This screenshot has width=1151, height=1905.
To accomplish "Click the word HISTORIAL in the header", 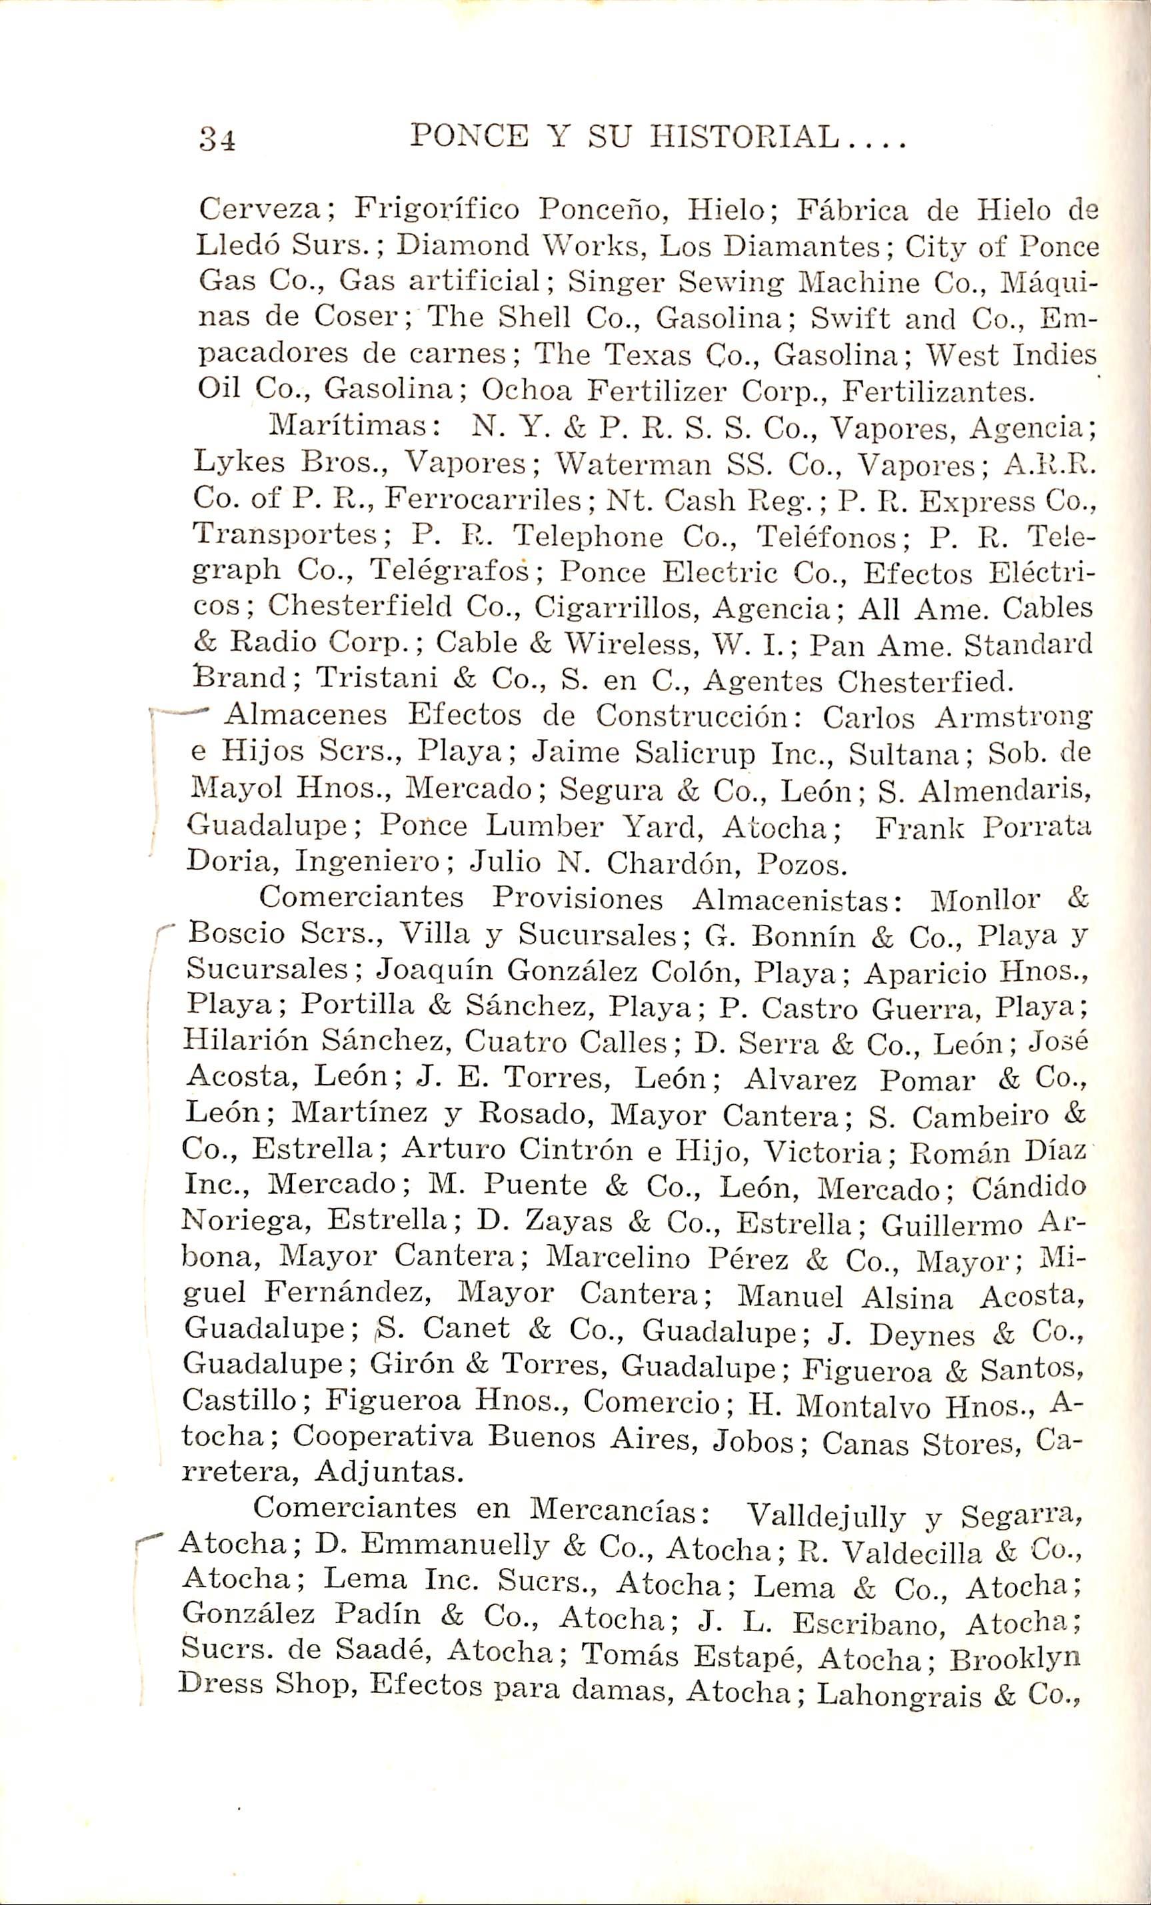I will (x=746, y=139).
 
